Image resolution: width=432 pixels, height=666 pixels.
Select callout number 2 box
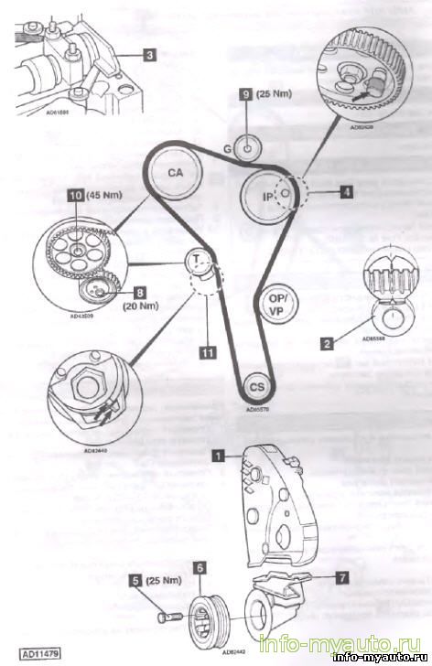[x=325, y=344]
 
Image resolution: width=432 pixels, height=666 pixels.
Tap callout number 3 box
[x=148, y=54]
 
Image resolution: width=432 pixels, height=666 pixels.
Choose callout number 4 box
[x=345, y=192]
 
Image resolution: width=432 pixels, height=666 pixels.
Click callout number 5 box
[x=135, y=579]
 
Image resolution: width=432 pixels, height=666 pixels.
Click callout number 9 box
[x=244, y=93]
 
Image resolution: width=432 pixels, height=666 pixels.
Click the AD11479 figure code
[x=34, y=655]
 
